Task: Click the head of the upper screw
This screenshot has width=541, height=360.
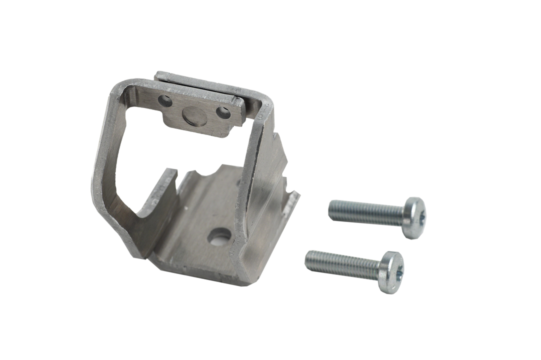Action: (414, 217)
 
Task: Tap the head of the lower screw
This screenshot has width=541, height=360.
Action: (391, 272)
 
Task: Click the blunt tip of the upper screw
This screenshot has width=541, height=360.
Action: (331, 209)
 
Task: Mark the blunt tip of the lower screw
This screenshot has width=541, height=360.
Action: (307, 259)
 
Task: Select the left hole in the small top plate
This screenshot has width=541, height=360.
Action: (165, 101)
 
